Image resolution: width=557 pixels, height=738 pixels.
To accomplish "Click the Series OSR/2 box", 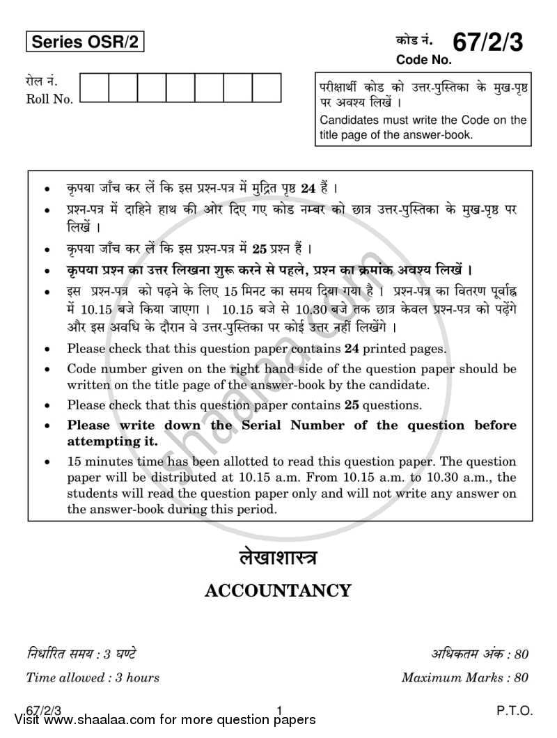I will [x=86, y=43].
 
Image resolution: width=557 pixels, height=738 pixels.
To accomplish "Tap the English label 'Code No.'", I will [x=424, y=60].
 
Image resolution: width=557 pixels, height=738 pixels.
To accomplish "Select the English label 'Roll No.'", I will [x=49, y=100].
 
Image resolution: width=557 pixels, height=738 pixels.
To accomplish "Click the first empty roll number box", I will [x=94, y=88].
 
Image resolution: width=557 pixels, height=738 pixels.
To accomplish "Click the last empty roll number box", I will [x=267, y=88].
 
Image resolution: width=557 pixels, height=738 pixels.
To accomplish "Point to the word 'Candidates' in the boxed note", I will [x=347, y=120].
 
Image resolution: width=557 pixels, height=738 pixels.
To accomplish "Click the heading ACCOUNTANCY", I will [x=278, y=591].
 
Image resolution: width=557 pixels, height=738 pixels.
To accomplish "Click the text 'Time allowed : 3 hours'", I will [x=93, y=677].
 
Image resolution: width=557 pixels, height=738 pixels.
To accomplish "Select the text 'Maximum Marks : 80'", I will [x=465, y=677].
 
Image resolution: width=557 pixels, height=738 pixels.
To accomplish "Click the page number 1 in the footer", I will [x=278, y=711].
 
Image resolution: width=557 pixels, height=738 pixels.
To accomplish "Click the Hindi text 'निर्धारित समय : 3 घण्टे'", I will [x=81, y=654].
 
